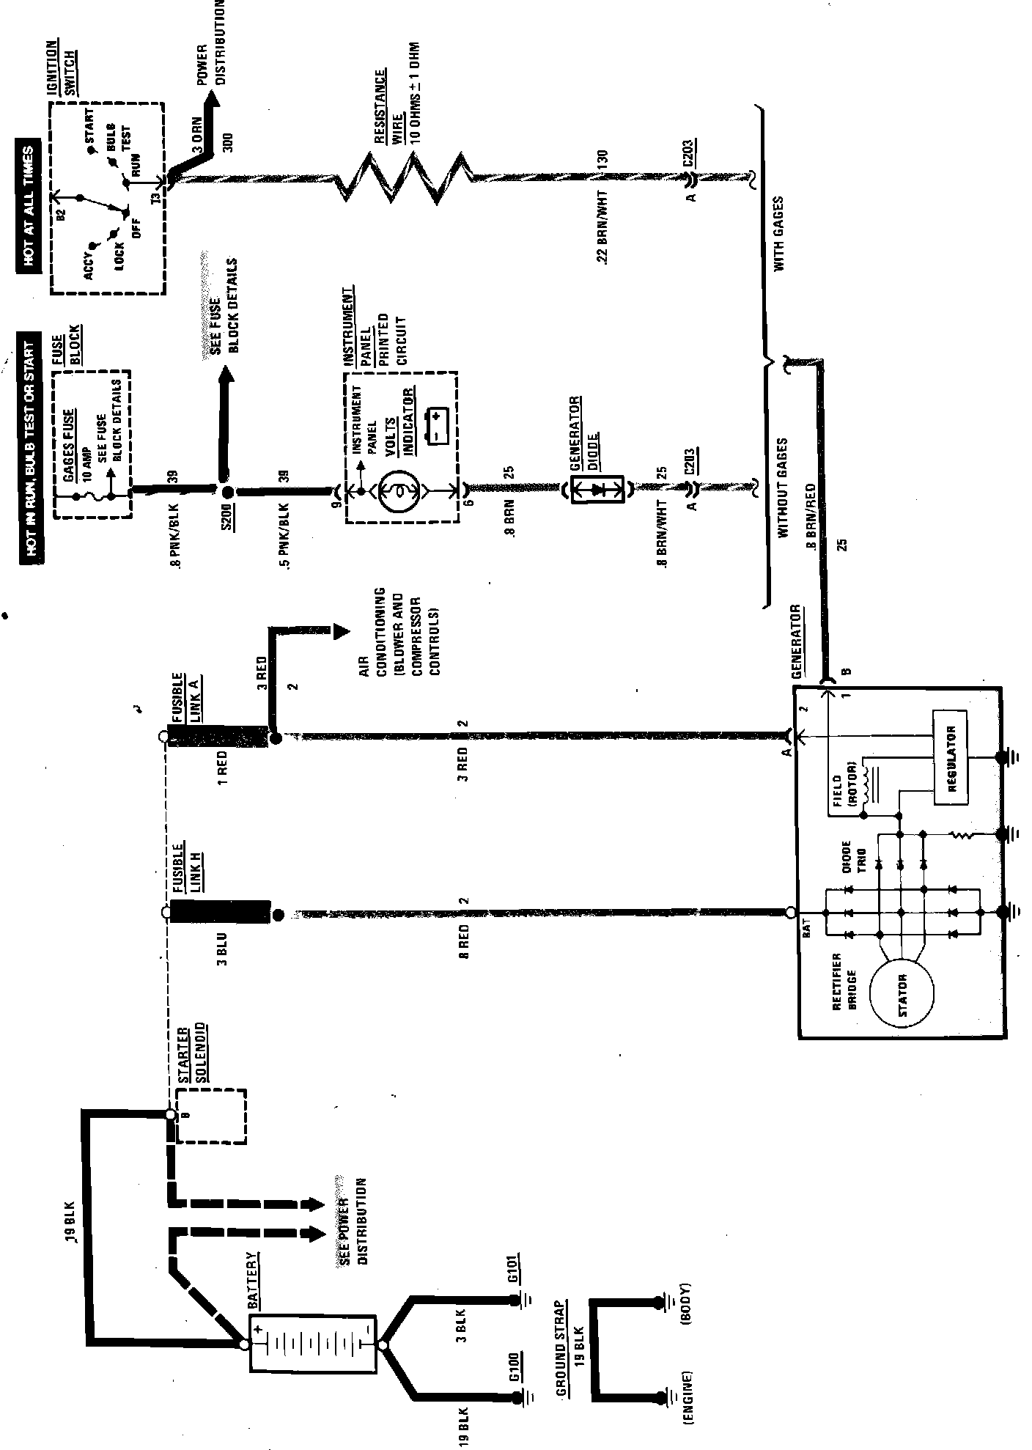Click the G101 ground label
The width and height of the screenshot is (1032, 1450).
tap(514, 1267)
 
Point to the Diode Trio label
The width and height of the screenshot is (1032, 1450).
tap(852, 857)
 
